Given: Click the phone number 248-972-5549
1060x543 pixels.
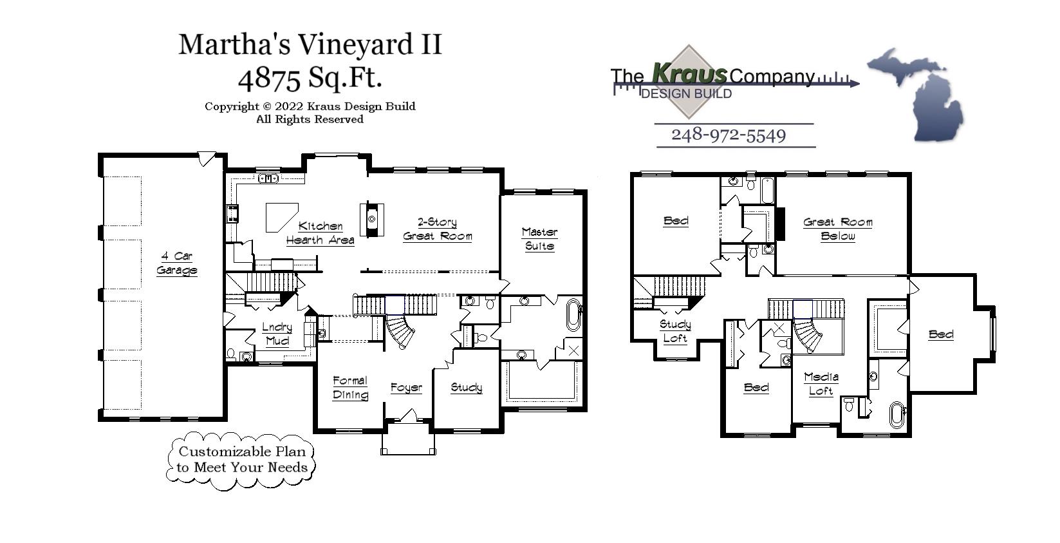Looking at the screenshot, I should [x=729, y=135].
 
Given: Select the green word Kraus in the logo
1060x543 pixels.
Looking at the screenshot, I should [x=689, y=73].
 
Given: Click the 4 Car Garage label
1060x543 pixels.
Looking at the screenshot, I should [x=176, y=263].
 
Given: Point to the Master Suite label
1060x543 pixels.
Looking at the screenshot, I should [x=539, y=239].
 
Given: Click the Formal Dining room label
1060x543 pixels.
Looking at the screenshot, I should [x=350, y=388].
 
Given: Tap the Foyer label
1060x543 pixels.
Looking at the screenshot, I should [x=407, y=387].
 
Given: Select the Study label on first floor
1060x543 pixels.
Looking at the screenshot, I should [x=466, y=387].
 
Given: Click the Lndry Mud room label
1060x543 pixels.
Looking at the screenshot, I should [x=277, y=334].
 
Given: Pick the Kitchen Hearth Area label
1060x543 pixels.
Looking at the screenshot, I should [x=320, y=233].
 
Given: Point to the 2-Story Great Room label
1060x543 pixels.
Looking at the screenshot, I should [x=437, y=229].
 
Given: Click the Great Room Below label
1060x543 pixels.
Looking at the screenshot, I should [x=837, y=229].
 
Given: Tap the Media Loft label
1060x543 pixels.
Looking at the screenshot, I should [x=821, y=384].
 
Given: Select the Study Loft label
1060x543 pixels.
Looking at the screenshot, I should [x=675, y=331].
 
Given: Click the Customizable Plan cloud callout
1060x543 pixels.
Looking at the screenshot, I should [x=243, y=459].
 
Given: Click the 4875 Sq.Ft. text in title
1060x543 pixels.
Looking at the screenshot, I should [x=310, y=78].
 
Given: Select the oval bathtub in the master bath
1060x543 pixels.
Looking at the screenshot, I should [x=573, y=315].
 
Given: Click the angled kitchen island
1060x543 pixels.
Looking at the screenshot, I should [x=281, y=216].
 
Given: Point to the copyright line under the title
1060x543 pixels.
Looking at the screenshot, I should [x=310, y=106].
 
